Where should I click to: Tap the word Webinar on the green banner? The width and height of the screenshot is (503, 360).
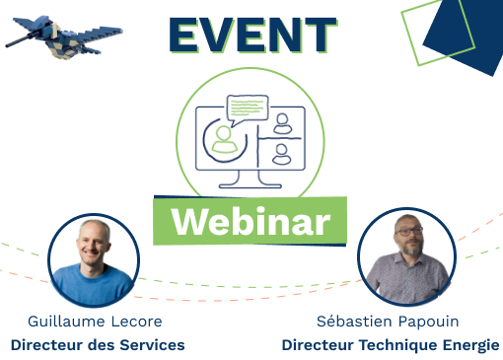251,221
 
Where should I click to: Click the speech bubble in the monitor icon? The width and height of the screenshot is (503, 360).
247,106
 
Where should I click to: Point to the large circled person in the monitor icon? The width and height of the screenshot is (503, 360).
225,138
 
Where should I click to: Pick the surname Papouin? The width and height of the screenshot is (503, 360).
429,322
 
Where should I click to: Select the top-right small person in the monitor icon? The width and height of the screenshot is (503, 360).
282,123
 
